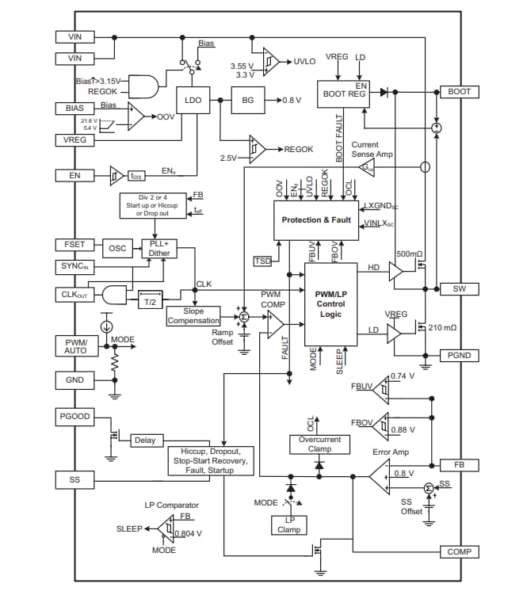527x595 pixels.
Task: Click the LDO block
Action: [193, 101]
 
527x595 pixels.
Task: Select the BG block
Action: [248, 101]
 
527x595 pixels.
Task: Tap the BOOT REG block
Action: [345, 93]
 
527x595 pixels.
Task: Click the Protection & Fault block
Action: [316, 219]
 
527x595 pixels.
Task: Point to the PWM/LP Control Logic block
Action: [330, 303]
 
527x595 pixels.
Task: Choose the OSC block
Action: [117, 247]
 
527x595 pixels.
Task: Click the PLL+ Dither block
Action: [159, 248]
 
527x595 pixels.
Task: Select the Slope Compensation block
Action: [193, 316]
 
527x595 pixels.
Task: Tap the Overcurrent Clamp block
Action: [319, 444]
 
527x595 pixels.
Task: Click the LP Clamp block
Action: [289, 524]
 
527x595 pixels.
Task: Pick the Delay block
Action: [144, 440]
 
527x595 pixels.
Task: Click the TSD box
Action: [262, 261]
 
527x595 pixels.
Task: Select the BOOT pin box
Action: [460, 92]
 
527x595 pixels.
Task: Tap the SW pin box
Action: [460, 288]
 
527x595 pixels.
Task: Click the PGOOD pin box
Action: [75, 416]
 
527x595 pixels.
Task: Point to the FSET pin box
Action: [75, 244]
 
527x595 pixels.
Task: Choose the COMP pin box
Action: [460, 551]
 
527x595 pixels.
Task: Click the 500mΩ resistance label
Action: [409, 254]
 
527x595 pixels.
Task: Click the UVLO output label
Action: [305, 61]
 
